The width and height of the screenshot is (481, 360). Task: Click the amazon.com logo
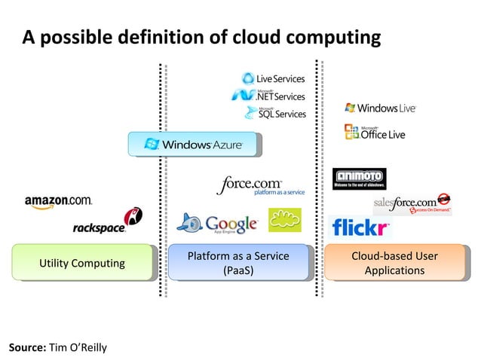(x=58, y=201)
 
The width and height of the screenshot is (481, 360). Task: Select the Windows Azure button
(x=193, y=144)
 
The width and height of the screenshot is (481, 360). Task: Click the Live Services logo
(x=273, y=79)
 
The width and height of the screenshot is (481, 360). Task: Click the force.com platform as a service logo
(x=260, y=186)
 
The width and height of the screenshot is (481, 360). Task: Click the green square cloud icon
(x=284, y=220)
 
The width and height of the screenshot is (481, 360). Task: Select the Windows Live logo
(x=380, y=108)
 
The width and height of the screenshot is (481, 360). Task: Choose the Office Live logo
(x=375, y=133)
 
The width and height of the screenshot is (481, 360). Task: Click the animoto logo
(x=359, y=178)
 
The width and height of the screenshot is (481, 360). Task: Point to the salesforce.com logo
(x=412, y=204)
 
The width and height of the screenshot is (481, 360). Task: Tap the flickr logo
(x=360, y=227)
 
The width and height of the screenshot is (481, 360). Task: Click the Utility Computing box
(x=82, y=263)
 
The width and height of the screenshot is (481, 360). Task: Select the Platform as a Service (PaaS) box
(x=238, y=263)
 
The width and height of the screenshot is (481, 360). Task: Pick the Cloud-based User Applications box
(x=394, y=263)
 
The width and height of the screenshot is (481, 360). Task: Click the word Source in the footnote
(x=26, y=347)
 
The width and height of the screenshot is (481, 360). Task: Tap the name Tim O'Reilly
(x=78, y=347)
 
